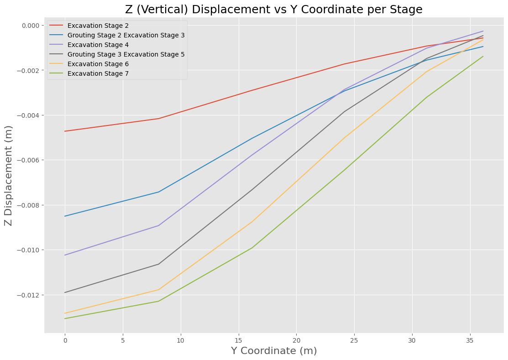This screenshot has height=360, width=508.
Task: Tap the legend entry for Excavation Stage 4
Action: (98, 45)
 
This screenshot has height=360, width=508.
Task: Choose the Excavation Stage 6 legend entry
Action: (98, 64)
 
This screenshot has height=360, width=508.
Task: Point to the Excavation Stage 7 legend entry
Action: (98, 73)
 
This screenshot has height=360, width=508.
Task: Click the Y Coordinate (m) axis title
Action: (274, 351)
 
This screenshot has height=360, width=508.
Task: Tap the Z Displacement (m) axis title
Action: (8, 176)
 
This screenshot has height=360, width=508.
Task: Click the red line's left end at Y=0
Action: (65, 131)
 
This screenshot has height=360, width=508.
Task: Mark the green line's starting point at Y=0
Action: (65, 318)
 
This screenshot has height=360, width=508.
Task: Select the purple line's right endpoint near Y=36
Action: (483, 31)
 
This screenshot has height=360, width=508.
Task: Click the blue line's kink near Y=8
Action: (158, 192)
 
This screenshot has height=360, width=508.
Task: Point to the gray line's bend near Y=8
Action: (158, 264)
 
